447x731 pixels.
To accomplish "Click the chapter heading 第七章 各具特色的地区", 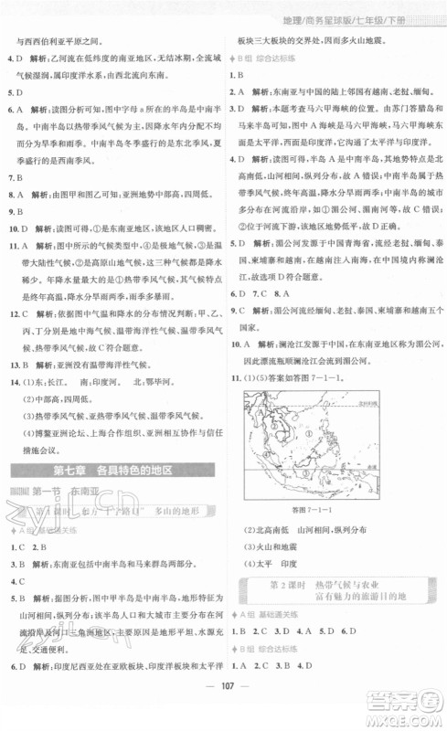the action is [x=112, y=471].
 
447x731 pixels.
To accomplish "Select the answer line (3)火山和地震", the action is [x=274, y=546].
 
